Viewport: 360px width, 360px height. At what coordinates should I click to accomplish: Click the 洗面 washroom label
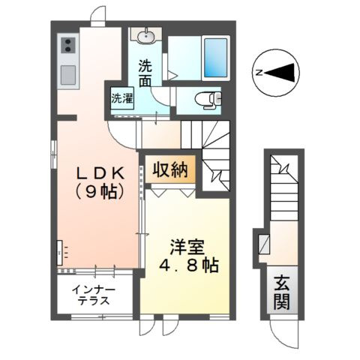click(x=145, y=71)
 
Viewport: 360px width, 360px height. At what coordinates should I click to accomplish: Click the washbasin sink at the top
click(x=145, y=35)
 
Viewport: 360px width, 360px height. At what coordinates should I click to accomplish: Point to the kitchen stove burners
click(x=67, y=47)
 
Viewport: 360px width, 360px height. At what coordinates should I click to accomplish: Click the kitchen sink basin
click(x=67, y=74)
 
